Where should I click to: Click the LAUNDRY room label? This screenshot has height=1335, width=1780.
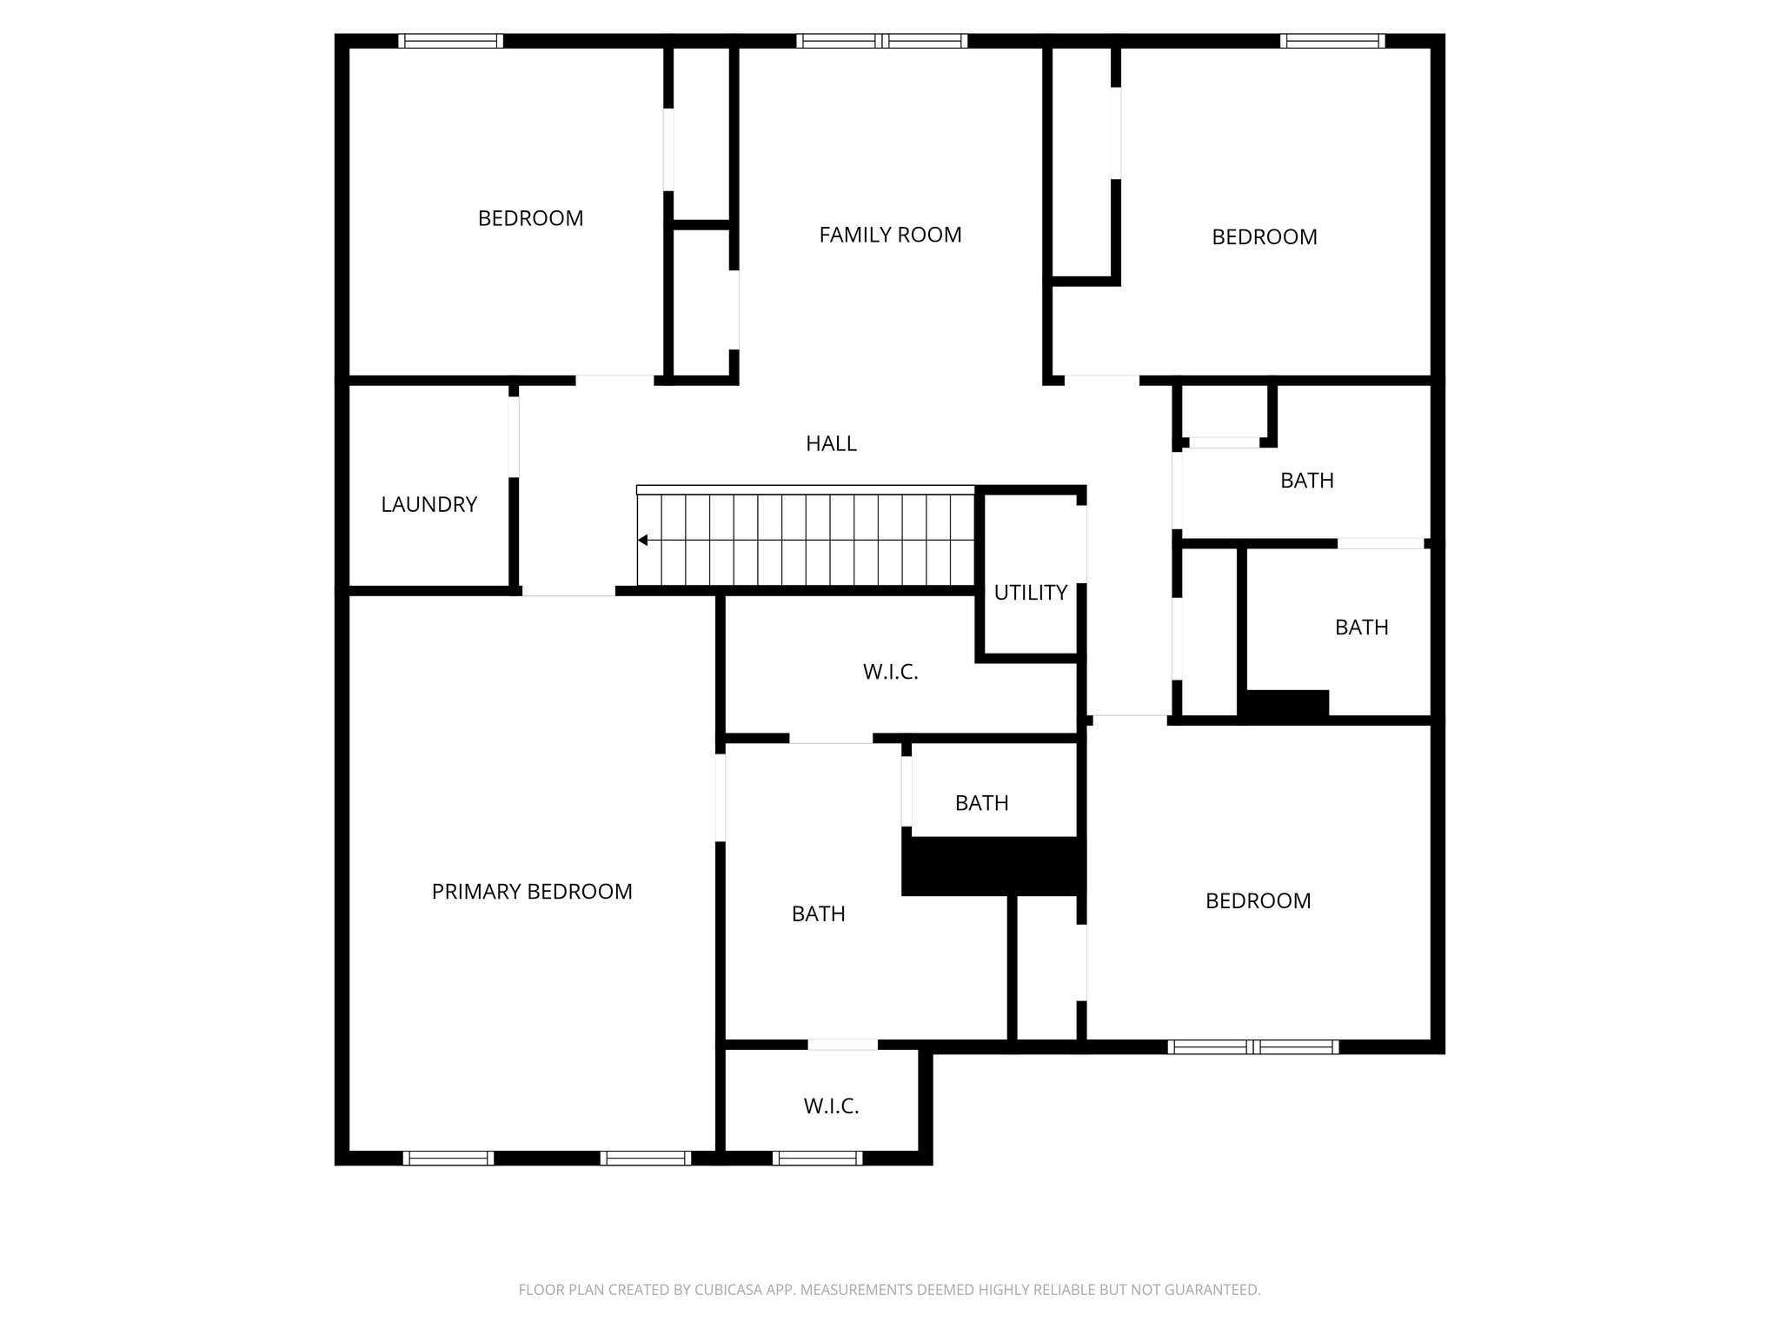pyautogui.click(x=428, y=504)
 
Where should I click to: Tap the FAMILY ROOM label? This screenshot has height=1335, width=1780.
pyautogui.click(x=890, y=235)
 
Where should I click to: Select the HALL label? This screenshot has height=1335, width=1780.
pyautogui.click(x=831, y=443)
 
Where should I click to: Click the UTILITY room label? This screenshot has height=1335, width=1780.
pyautogui.click(x=1030, y=593)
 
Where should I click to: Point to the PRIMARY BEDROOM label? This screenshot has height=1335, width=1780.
pyautogui.click(x=532, y=892)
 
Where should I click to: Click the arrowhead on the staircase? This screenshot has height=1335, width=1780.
pyautogui.click(x=643, y=541)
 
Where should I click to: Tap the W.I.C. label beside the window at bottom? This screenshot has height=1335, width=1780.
pyautogui.click(x=831, y=1106)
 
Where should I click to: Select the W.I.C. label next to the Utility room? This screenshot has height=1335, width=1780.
pyautogui.click(x=890, y=672)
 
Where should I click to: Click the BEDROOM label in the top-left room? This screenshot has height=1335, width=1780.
pyautogui.click(x=530, y=218)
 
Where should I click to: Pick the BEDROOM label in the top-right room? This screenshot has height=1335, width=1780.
pyautogui.click(x=1264, y=237)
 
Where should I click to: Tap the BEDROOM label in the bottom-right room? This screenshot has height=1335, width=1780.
pyautogui.click(x=1258, y=901)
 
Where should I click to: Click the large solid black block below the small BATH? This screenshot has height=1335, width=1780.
pyautogui.click(x=993, y=866)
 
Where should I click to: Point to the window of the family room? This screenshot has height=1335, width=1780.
pyautogui.click(x=881, y=41)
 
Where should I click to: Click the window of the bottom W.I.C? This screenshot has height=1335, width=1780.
pyautogui.click(x=817, y=1158)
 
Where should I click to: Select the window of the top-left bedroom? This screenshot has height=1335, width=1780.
pyautogui.click(x=450, y=41)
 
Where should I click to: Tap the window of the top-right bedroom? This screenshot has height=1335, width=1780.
pyautogui.click(x=1332, y=41)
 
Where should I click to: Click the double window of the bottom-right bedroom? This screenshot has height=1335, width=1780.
pyautogui.click(x=1252, y=1047)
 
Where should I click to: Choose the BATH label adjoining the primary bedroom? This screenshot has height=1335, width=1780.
pyautogui.click(x=818, y=913)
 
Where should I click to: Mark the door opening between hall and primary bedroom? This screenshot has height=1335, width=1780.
pyautogui.click(x=568, y=592)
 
